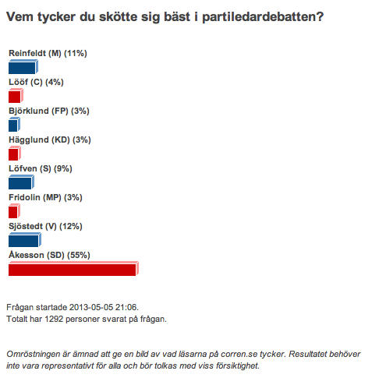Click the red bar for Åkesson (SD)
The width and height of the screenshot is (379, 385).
[73, 269]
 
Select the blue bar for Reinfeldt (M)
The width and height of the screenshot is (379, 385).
[23, 67]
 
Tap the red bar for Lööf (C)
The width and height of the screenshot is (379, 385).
[16, 96]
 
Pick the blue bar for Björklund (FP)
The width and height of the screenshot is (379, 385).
[14, 125]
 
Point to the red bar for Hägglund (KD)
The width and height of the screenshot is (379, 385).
[15, 154]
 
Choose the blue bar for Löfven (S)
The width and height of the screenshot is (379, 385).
[21, 182]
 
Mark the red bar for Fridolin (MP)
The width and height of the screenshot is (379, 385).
[14, 211]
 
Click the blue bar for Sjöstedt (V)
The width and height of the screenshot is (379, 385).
[25, 240]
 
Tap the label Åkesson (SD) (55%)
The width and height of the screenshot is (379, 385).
[49, 255]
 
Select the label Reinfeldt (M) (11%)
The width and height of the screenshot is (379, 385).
[48, 53]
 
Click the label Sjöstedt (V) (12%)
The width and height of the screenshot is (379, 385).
[45, 226]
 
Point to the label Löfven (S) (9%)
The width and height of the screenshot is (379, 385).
[41, 168]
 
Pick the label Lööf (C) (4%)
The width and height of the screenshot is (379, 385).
[36, 82]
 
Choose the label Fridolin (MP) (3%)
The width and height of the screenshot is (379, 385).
[45, 197]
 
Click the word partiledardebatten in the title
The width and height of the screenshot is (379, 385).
[263, 17]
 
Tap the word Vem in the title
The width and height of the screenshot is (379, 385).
[19, 17]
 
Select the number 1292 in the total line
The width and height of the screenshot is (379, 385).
[54, 319]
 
